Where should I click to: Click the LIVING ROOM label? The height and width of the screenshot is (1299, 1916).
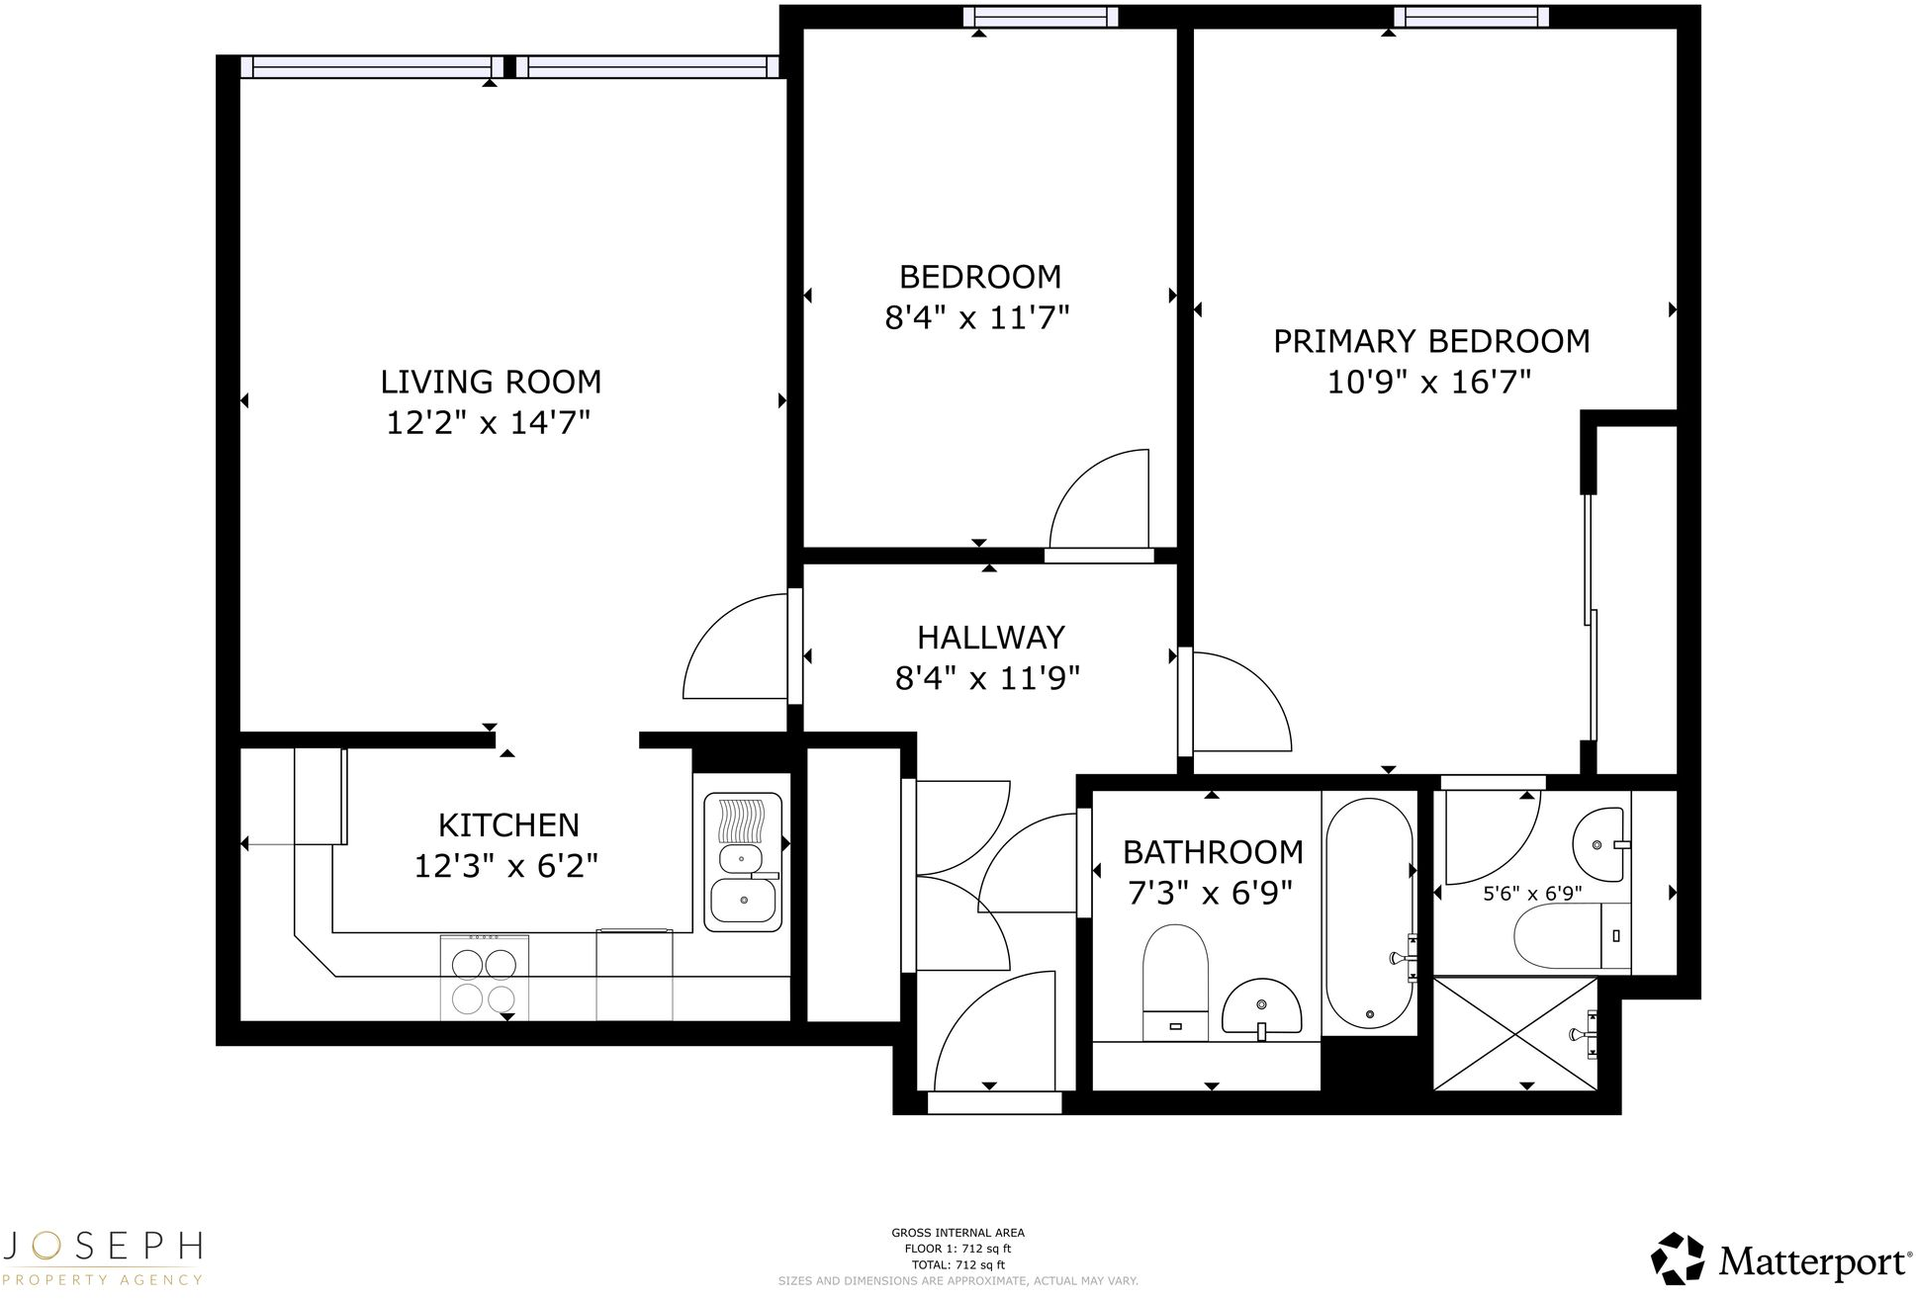coord(491,382)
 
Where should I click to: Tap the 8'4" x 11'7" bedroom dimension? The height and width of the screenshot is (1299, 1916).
coord(977,318)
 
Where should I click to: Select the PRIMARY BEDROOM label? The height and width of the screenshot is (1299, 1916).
coord(1430,341)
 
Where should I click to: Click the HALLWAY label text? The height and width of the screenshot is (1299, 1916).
coord(990,638)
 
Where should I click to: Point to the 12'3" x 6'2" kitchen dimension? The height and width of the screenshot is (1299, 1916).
coord(506,867)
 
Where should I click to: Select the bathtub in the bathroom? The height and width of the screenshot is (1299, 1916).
coord(1369,913)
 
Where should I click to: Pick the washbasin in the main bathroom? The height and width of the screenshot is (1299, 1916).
coord(1260,1008)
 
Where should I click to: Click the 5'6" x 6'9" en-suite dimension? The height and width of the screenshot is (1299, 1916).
coord(1532,894)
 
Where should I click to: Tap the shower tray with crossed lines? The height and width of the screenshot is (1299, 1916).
coord(1515,1034)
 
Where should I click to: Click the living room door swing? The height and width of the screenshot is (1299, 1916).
coord(737,648)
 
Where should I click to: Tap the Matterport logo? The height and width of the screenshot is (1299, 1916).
coord(1780,1260)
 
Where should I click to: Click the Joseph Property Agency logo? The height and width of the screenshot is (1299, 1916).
coord(103,1256)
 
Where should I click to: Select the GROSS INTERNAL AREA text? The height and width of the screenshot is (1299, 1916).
coord(958,1233)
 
